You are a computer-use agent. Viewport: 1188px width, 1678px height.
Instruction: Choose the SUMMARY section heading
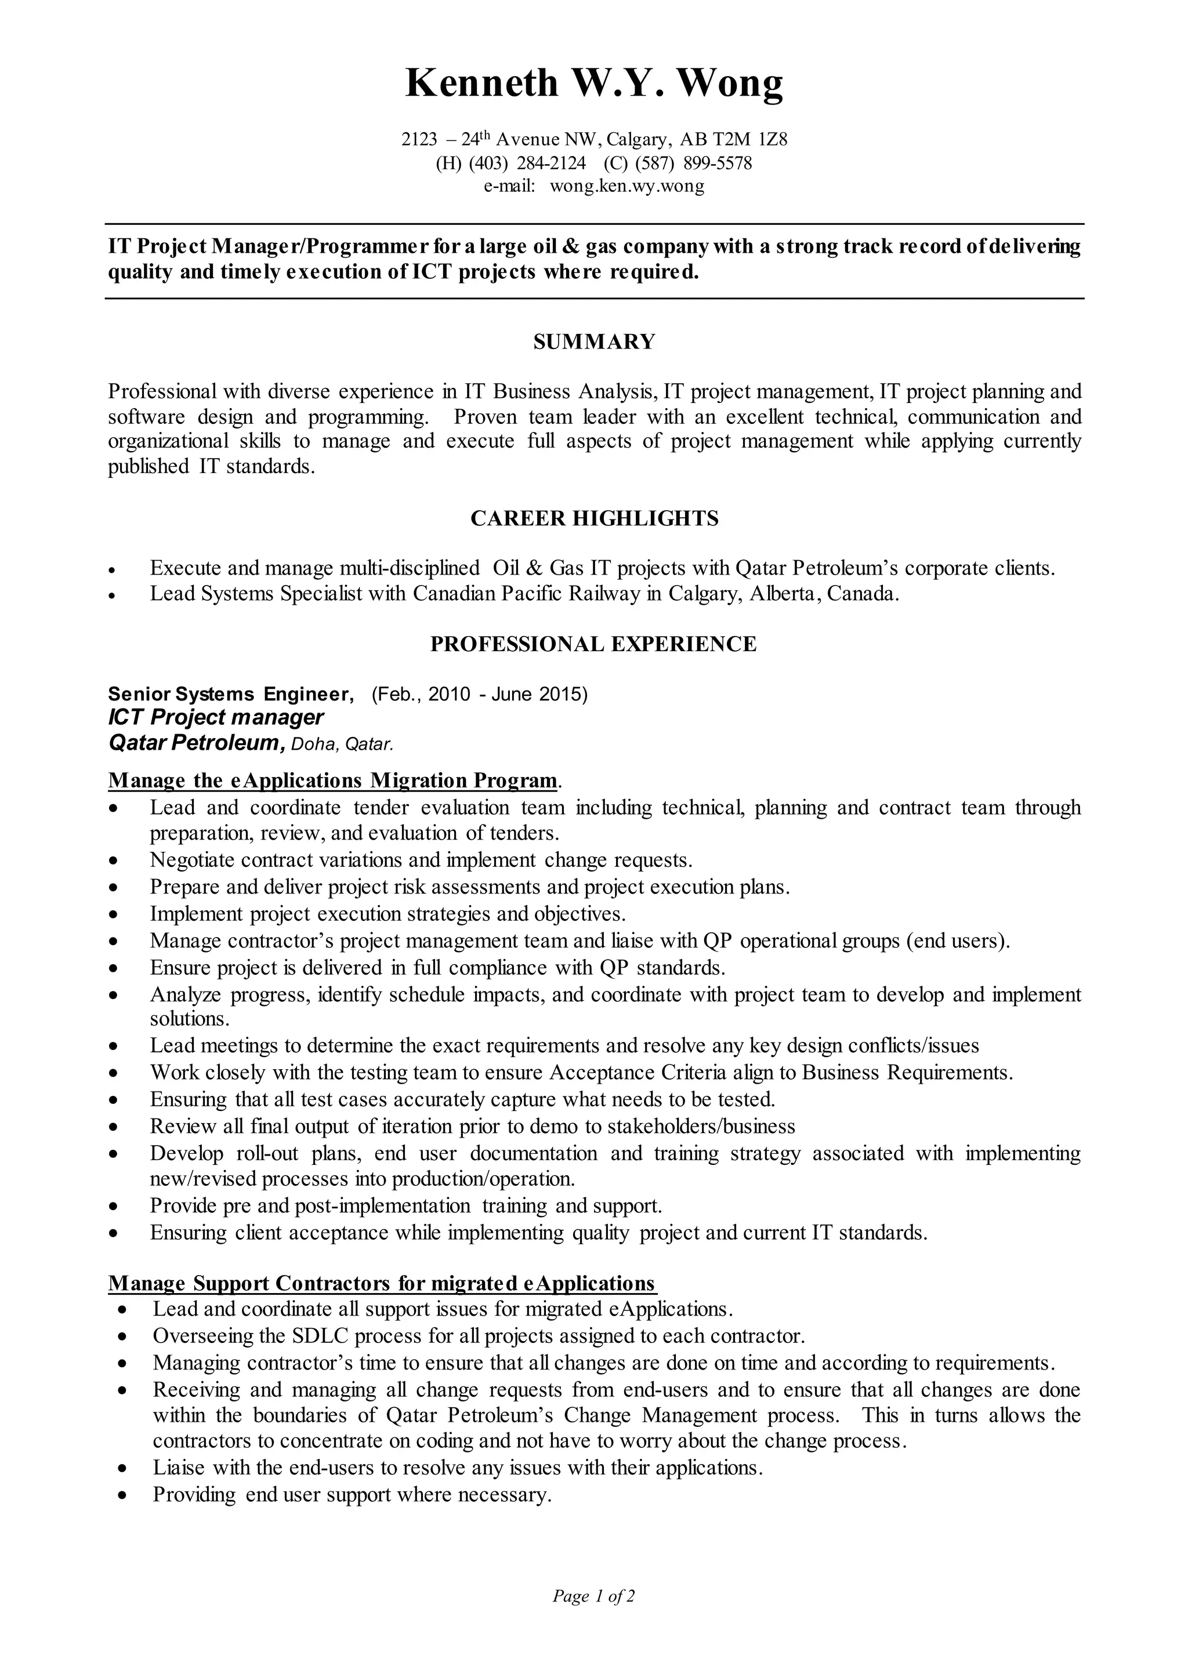pyautogui.click(x=594, y=342)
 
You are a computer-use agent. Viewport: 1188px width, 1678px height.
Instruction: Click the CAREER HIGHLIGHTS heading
pyautogui.click(x=594, y=518)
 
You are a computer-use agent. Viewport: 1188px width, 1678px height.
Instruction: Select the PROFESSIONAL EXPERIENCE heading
pyautogui.click(x=593, y=644)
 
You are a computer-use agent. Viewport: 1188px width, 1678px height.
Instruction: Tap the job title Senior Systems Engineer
pyautogui.click(x=230, y=694)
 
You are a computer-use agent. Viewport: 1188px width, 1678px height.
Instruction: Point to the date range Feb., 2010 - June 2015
pyautogui.click(x=480, y=694)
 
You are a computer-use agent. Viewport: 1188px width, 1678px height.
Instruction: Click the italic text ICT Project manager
pyautogui.click(x=216, y=717)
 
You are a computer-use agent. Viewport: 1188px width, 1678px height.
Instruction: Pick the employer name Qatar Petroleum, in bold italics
pyautogui.click(x=196, y=743)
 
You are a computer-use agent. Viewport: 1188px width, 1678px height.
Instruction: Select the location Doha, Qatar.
pyautogui.click(x=342, y=745)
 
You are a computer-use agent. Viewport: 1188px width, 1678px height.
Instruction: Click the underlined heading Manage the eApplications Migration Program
pyautogui.click(x=333, y=781)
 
